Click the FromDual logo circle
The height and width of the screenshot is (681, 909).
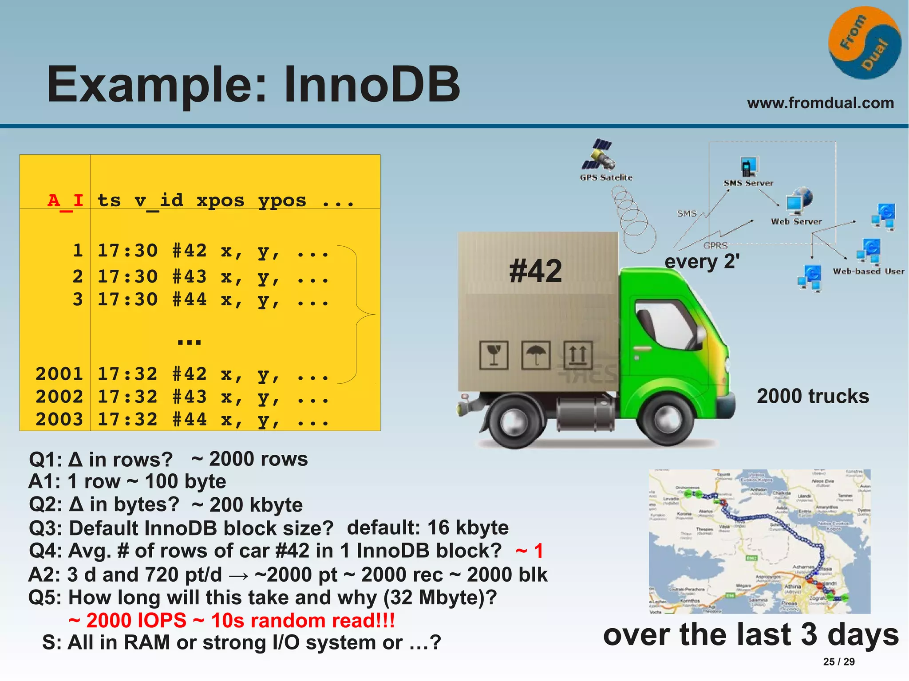(x=864, y=43)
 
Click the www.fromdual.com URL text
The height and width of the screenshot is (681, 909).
(x=820, y=103)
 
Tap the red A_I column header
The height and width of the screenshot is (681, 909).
(x=65, y=201)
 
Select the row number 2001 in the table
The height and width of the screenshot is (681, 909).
(x=59, y=374)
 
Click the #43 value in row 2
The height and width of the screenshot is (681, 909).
(x=190, y=276)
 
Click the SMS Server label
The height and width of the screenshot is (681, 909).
(x=748, y=183)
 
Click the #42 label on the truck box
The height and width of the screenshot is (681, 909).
(x=535, y=271)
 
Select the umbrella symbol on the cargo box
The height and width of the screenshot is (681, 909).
(x=536, y=355)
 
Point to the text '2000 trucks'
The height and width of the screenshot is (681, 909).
(x=813, y=396)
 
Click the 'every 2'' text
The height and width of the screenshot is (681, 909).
(x=702, y=261)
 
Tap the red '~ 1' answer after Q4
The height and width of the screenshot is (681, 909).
(x=529, y=551)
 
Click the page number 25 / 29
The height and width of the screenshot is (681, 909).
(x=838, y=661)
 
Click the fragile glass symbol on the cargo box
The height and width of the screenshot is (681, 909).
(x=494, y=355)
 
